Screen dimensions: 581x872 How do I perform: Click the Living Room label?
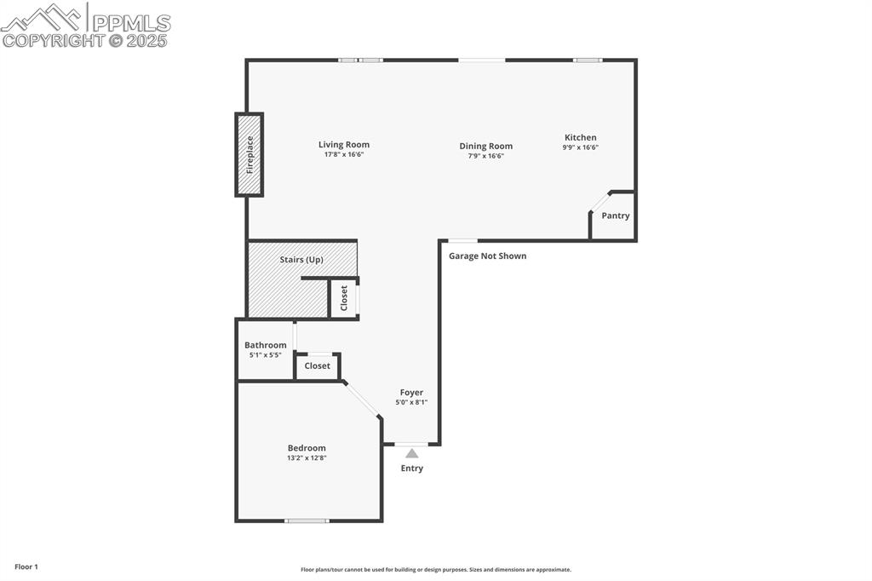click(344, 145)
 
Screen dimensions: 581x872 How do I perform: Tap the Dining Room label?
click(486, 147)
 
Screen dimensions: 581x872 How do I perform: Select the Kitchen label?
click(581, 138)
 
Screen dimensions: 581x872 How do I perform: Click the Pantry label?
click(616, 216)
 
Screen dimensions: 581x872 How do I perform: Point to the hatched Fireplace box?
click(250, 155)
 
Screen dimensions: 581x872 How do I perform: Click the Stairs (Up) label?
click(301, 259)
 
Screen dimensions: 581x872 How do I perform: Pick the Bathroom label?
click(266, 345)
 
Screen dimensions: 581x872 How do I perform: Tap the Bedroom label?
click(307, 448)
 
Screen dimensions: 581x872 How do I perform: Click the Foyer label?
click(411, 393)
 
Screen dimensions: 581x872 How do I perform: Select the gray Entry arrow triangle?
click(412, 453)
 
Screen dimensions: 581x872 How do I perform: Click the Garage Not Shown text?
click(488, 256)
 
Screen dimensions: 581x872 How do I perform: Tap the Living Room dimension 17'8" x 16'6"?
click(344, 155)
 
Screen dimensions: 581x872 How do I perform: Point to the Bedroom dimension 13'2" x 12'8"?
click(307, 458)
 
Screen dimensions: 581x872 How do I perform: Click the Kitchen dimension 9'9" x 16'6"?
click(581, 147)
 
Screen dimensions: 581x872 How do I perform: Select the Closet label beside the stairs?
click(344, 298)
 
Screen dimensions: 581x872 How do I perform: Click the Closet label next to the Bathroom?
click(317, 365)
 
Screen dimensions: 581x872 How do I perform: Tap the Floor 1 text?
click(26, 567)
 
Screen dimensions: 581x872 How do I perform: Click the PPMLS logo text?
click(131, 23)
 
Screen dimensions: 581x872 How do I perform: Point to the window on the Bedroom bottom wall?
click(307, 520)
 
